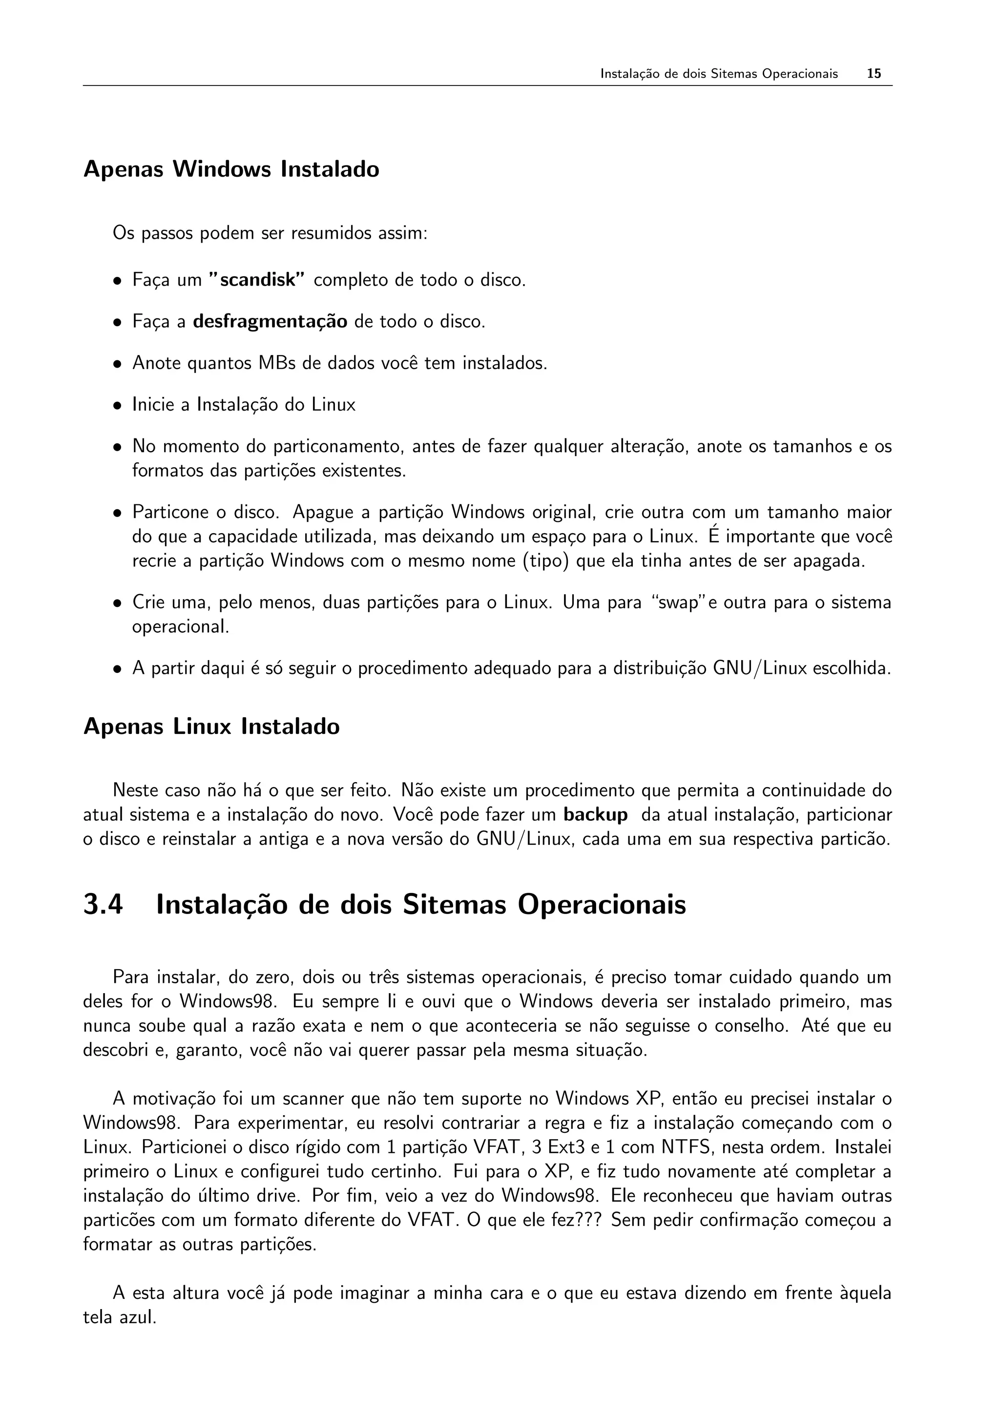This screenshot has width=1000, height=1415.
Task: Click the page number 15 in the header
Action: (874, 74)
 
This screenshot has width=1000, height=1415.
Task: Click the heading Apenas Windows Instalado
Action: (231, 169)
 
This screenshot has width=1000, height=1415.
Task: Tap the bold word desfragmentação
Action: (270, 322)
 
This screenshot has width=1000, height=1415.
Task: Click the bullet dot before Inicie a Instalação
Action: (117, 406)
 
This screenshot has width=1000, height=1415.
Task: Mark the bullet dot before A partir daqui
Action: (117, 669)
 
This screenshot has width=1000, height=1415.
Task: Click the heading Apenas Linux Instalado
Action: (211, 727)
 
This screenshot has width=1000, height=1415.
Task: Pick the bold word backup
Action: (595, 815)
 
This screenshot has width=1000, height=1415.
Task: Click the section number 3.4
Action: (103, 905)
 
